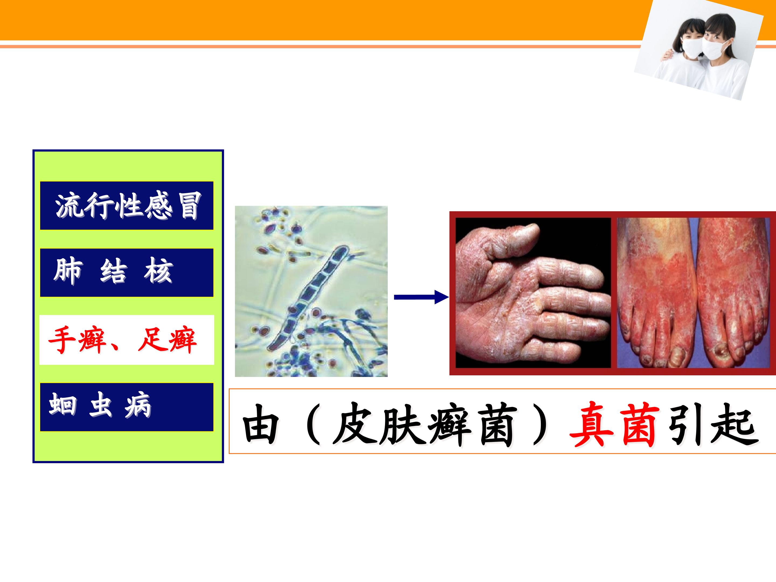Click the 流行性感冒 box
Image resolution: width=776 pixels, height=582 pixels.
point(127,206)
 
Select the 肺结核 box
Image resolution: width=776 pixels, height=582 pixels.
point(127,273)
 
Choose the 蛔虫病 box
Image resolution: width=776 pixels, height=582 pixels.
point(127,407)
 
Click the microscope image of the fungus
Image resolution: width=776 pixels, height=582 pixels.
point(311,291)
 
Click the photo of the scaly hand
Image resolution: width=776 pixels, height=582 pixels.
point(533,293)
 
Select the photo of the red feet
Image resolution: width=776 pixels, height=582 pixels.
point(693,293)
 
